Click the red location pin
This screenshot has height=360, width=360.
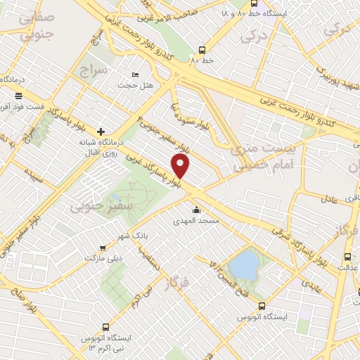[181, 166]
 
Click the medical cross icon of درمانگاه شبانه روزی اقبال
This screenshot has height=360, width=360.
[101, 131]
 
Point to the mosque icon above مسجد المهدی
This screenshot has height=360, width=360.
[195, 210]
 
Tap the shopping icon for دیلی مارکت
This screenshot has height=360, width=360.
[103, 247]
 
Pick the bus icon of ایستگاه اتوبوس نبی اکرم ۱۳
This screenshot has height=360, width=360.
[105, 327]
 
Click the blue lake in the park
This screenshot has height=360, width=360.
[244, 266]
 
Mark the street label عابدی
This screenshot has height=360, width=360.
[311, 285]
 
